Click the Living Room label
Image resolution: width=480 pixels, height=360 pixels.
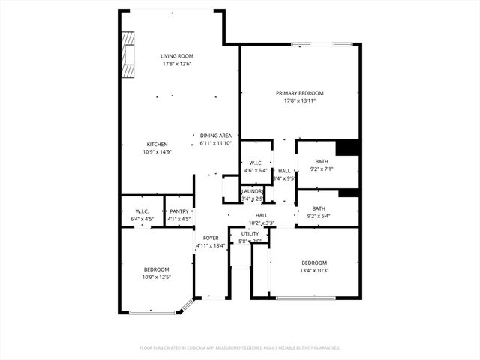[x=178, y=56]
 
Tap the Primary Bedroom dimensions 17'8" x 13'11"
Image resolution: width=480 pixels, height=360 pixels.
[x=300, y=100]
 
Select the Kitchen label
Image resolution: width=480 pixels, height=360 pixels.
[x=157, y=144]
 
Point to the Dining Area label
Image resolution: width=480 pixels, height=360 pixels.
[x=215, y=136]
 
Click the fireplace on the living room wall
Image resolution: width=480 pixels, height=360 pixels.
[x=129, y=55]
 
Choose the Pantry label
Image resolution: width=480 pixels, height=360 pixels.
[x=178, y=211]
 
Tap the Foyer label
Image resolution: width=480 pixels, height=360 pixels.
[x=211, y=238]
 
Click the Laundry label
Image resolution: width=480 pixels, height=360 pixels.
[x=252, y=192]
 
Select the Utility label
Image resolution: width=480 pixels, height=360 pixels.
[x=249, y=233]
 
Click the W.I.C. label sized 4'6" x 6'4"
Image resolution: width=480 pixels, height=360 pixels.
[x=256, y=163]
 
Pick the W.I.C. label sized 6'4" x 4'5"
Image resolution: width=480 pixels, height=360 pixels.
[x=142, y=211]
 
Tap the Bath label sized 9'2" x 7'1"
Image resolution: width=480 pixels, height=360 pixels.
[x=321, y=161]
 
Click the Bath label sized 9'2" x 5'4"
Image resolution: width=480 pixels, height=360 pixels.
[x=319, y=208]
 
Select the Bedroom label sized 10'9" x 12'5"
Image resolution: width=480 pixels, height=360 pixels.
[x=157, y=269]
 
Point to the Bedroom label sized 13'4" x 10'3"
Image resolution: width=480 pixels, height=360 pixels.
[x=314, y=262]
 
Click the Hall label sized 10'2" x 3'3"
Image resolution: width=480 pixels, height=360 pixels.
[x=261, y=215]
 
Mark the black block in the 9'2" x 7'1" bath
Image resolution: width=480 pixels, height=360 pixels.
[x=346, y=148]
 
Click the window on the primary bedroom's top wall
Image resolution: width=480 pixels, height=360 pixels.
[x=322, y=45]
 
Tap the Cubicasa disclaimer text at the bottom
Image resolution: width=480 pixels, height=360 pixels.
[x=240, y=347]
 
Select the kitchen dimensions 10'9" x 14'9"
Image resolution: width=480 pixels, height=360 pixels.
[x=157, y=152]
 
